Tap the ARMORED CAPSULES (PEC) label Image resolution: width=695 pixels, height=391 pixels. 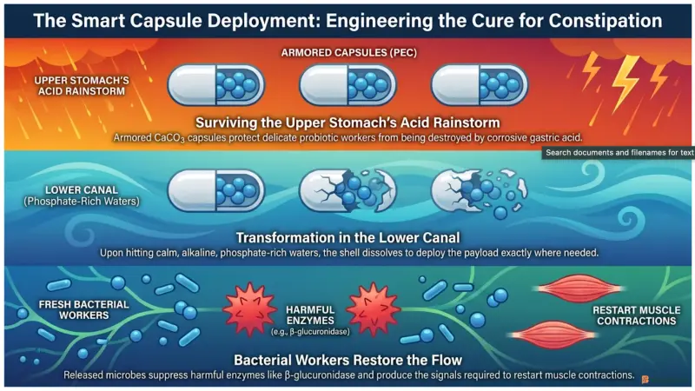click(x=349, y=53)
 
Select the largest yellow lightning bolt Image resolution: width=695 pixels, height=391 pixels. click(x=625, y=83)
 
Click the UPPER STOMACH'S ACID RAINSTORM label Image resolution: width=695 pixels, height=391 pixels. click(x=82, y=86)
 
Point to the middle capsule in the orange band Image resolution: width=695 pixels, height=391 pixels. click(x=347, y=85)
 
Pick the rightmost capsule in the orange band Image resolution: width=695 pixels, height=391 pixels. click(x=480, y=85)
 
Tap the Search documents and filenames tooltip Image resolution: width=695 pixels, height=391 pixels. click(x=619, y=153)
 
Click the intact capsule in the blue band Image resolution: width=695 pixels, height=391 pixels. click(x=215, y=190)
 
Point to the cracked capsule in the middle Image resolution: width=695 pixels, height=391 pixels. click(x=347, y=191)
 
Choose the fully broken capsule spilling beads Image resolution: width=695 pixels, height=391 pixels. click(x=479, y=192)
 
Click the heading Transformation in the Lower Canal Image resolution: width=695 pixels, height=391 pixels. click(x=348, y=238)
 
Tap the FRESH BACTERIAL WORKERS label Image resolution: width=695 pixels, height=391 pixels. click(x=83, y=310)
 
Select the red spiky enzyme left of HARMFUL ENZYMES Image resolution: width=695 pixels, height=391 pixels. click(x=250, y=308)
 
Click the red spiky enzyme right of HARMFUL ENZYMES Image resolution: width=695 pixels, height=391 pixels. click(x=374, y=309)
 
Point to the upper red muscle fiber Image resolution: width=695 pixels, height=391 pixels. click(x=579, y=288)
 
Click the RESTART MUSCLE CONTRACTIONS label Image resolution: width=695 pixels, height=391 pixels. click(x=637, y=315)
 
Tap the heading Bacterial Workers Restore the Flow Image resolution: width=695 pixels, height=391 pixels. click(x=348, y=360)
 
